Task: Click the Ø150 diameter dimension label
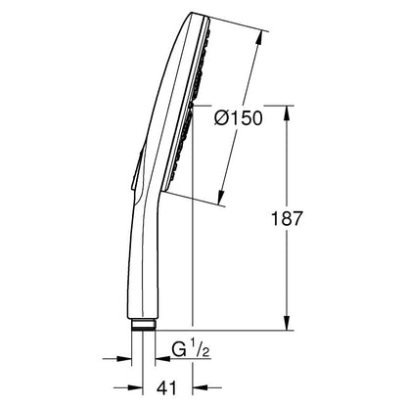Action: point(239,118)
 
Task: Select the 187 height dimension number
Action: point(287,218)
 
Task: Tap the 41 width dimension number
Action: point(166,388)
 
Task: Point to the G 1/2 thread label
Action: point(191,350)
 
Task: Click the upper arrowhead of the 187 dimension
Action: point(287,113)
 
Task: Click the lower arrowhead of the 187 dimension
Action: point(287,323)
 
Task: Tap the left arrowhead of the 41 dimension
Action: point(136,388)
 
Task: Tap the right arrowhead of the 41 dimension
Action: point(201,388)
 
